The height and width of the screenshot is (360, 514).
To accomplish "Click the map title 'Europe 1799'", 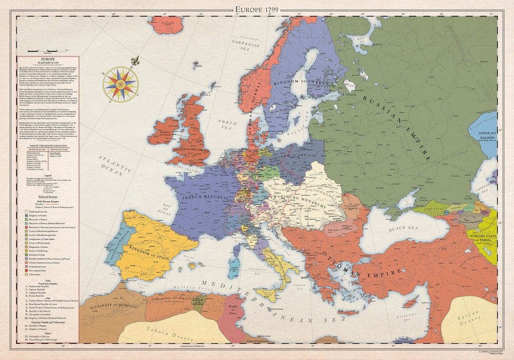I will tap(257, 10).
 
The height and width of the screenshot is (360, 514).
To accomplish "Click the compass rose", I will tap(120, 84).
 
